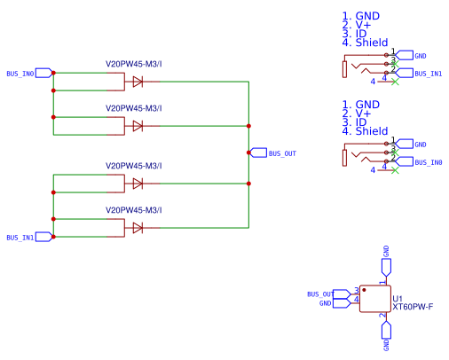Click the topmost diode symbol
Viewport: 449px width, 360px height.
[138, 82]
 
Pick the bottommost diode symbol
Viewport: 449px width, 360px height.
[138, 228]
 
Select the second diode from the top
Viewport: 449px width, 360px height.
[138, 126]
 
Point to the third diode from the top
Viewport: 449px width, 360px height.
[138, 184]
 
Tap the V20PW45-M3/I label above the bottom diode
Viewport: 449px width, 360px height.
[133, 210]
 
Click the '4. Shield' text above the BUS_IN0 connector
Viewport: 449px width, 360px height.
[365, 131]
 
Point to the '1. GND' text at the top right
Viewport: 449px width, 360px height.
[361, 16]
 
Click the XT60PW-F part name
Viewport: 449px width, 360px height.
[413, 307]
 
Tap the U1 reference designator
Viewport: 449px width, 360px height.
[398, 298]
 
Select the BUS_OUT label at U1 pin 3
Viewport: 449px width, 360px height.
[321, 293]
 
